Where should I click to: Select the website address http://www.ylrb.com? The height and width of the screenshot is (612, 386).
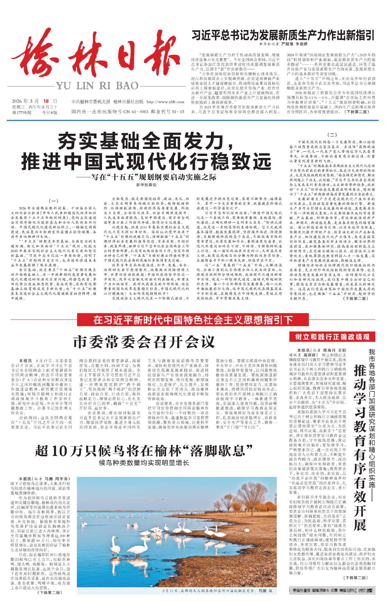[165, 102]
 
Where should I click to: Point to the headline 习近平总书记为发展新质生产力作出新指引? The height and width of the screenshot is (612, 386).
[283, 35]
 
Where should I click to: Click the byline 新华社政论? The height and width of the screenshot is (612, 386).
[146, 185]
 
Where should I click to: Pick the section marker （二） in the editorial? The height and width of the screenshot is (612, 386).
[332, 135]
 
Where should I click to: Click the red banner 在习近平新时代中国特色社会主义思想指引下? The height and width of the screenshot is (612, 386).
[193, 320]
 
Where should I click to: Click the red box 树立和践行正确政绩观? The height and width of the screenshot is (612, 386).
[332, 337]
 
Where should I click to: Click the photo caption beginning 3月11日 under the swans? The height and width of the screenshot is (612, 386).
[217, 591]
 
